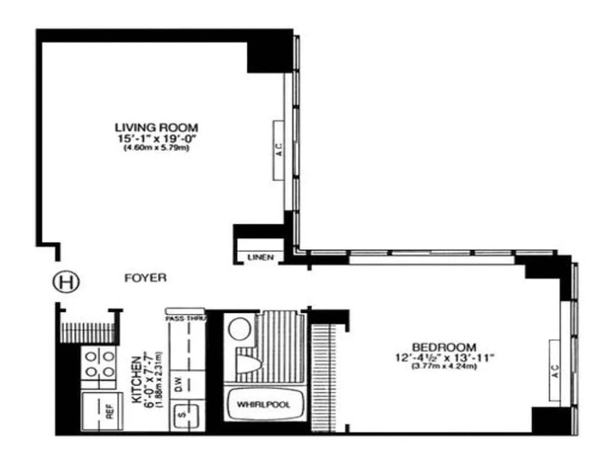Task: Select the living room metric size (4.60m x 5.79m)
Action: [156, 148]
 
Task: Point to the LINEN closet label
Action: [260, 257]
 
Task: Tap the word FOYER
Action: [146, 277]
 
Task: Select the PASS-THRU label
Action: [185, 318]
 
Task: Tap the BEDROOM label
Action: [444, 346]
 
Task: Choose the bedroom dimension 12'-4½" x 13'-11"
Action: [444, 356]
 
